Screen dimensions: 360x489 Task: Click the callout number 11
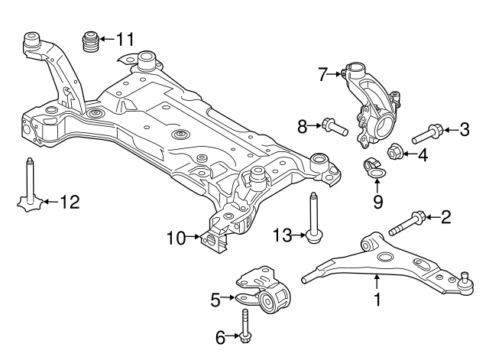coord(125,37)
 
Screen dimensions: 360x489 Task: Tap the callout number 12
coord(69,203)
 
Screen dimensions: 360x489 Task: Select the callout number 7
coord(322,74)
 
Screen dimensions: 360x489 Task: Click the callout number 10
coord(176,238)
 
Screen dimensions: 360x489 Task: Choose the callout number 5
coord(216,299)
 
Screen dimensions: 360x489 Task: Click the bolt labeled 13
coord(313,221)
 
